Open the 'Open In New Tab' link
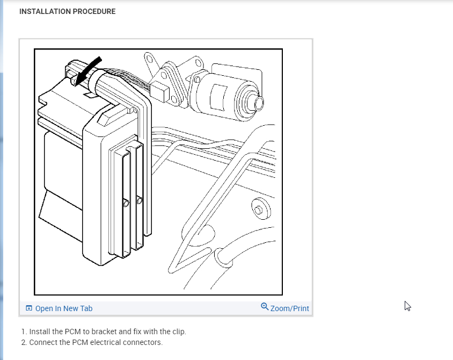pyautogui.click(x=63, y=308)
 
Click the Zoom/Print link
pyautogui.click(x=290, y=308)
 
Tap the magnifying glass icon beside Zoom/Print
pyautogui.click(x=265, y=307)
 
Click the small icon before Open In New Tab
pyautogui.click(x=28, y=308)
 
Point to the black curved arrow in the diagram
pyautogui.click(x=87, y=70)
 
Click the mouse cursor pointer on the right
pyautogui.click(x=407, y=306)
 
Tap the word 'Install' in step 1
pyautogui.click(x=40, y=332)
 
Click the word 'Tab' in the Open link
pyautogui.click(x=86, y=308)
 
